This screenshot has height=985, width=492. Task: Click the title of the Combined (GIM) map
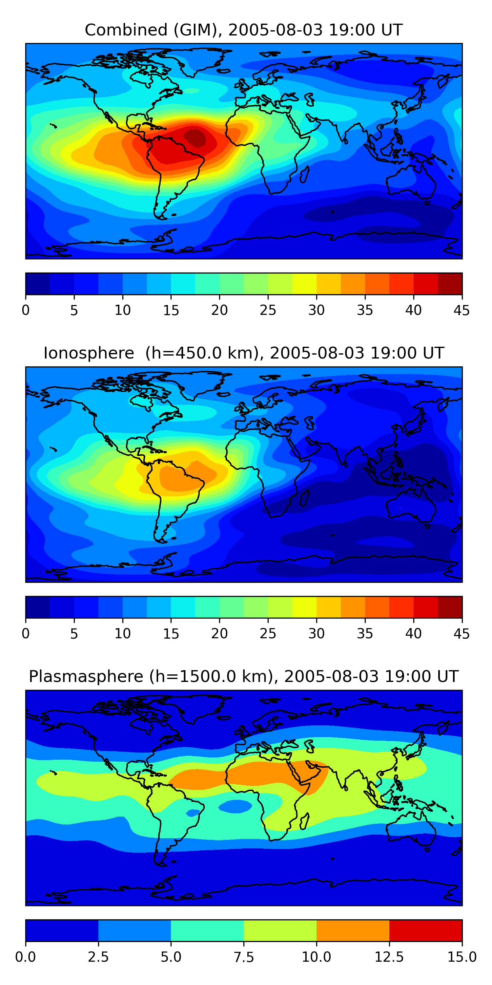pos(244,30)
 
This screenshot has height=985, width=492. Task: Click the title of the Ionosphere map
pos(244,353)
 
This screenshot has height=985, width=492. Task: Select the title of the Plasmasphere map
pos(244,676)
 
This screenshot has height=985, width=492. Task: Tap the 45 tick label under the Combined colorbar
pos(461,310)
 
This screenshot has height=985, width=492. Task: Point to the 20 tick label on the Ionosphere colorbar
pos(219,634)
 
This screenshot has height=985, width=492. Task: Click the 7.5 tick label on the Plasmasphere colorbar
pos(244,957)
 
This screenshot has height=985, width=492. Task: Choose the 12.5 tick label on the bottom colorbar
pos(389,957)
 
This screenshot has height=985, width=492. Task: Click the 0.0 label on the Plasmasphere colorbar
pos(26,957)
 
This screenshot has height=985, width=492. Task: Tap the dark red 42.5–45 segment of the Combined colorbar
pos(450,284)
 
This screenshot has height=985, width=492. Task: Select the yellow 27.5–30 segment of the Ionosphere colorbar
pos(304,607)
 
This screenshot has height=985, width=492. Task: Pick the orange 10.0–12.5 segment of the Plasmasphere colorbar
pos(353,930)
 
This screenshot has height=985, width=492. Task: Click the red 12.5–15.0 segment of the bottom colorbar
pos(425,930)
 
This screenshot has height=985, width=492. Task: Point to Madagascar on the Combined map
pos(304,174)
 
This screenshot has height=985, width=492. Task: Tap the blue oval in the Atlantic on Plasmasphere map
pos(235,806)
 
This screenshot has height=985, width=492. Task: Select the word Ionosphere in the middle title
pos(89,353)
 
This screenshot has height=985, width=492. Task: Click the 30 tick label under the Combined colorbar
pos(316,310)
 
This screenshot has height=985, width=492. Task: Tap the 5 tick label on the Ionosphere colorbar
pos(74,634)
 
